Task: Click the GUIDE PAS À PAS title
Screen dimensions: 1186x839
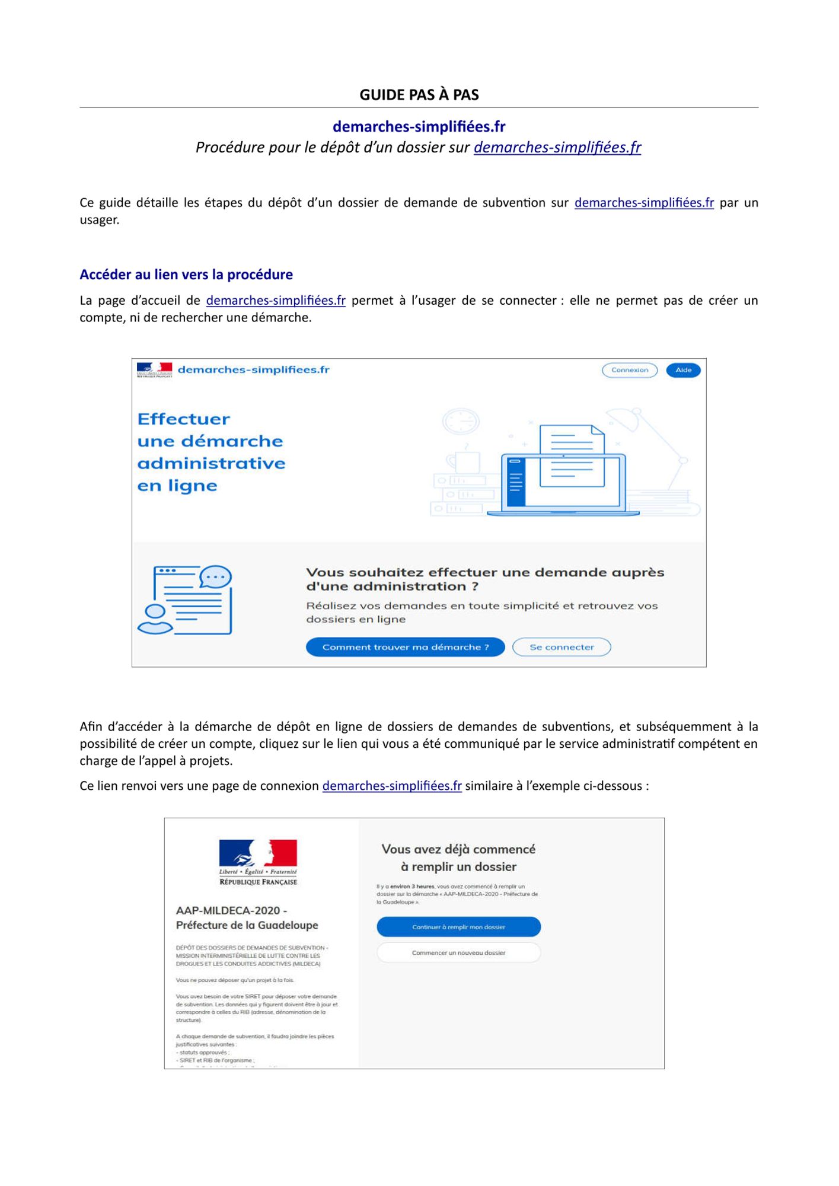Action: pos(419,95)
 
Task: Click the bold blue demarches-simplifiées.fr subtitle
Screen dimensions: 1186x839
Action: pos(419,126)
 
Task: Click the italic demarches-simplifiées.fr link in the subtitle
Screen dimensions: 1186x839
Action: pos(557,147)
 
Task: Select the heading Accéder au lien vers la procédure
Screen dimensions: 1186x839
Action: pos(186,275)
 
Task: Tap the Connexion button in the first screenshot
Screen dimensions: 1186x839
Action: pos(629,370)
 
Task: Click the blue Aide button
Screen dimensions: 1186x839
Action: pos(683,370)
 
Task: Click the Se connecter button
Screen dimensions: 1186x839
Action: pos(561,647)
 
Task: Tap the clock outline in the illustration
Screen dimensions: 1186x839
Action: pos(461,422)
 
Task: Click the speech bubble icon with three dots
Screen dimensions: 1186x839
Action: pos(215,577)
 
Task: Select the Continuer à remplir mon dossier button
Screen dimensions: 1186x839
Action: pos(458,927)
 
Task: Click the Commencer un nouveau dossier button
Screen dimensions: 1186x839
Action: pos(458,953)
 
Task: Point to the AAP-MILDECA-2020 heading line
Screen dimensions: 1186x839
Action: pos(231,910)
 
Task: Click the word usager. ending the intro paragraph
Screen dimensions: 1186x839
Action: pos(100,220)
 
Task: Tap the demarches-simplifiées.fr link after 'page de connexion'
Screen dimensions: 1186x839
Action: pos(391,786)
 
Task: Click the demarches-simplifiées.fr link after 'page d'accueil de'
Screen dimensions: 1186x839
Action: pos(276,300)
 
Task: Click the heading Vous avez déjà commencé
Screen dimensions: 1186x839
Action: pos(458,849)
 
